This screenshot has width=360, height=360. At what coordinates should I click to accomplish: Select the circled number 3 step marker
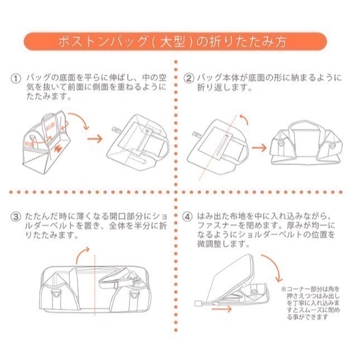tap(17, 215)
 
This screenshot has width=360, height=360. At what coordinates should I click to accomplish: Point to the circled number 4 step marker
tap(189, 215)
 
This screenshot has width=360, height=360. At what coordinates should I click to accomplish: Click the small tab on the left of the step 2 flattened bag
tap(196, 135)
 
